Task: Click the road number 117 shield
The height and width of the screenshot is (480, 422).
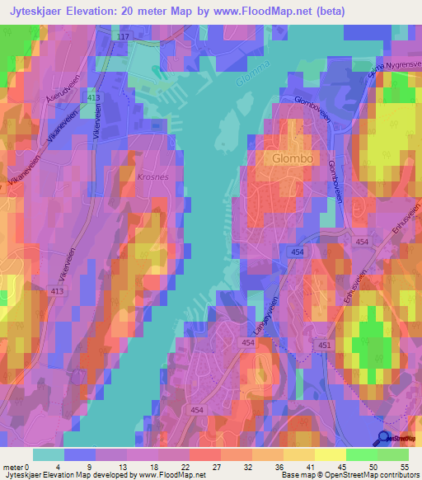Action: (124, 38)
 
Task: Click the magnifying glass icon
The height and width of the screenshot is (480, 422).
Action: (384, 439)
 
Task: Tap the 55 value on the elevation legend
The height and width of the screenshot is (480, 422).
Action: (404, 468)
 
